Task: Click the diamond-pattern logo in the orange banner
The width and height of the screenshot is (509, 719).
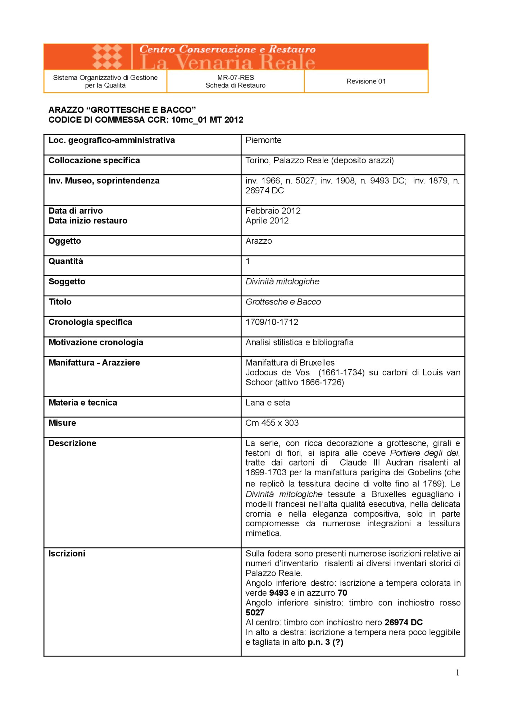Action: pyautogui.click(x=107, y=56)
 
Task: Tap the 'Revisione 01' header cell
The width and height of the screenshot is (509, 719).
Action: pyautogui.click(x=366, y=81)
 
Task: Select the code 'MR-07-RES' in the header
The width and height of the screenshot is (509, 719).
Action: pyautogui.click(x=236, y=77)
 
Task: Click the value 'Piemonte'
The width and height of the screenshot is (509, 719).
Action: pyautogui.click(x=263, y=140)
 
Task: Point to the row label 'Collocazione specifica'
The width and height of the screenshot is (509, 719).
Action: pyautogui.click(x=94, y=160)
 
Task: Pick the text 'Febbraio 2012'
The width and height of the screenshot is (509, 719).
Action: pyautogui.click(x=273, y=211)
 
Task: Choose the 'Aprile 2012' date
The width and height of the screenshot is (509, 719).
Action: pyautogui.click(x=267, y=220)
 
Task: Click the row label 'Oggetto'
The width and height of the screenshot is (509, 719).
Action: pyautogui.click(x=65, y=241)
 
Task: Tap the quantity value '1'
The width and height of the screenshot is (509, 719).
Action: pyautogui.click(x=247, y=261)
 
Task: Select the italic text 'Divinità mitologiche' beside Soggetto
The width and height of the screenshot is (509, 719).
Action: pyautogui.click(x=282, y=281)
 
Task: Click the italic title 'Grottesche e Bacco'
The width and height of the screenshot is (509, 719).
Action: pyautogui.click(x=283, y=302)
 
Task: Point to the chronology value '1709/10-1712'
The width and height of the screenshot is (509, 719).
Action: pyautogui.click(x=272, y=322)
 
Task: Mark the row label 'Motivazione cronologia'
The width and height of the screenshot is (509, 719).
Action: pyautogui.click(x=96, y=342)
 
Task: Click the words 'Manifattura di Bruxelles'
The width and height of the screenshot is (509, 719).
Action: pyautogui.click(x=290, y=362)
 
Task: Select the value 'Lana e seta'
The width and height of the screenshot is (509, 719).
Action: pyautogui.click(x=268, y=403)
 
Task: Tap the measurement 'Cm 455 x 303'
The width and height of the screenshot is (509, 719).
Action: pyautogui.click(x=272, y=423)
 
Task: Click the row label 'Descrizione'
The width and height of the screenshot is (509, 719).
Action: pyautogui.click(x=72, y=443)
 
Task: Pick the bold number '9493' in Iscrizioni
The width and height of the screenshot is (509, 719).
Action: pyautogui.click(x=279, y=593)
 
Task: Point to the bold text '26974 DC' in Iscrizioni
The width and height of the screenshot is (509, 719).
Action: pyautogui.click(x=404, y=622)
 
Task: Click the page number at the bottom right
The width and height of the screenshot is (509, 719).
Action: pyautogui.click(x=457, y=673)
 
